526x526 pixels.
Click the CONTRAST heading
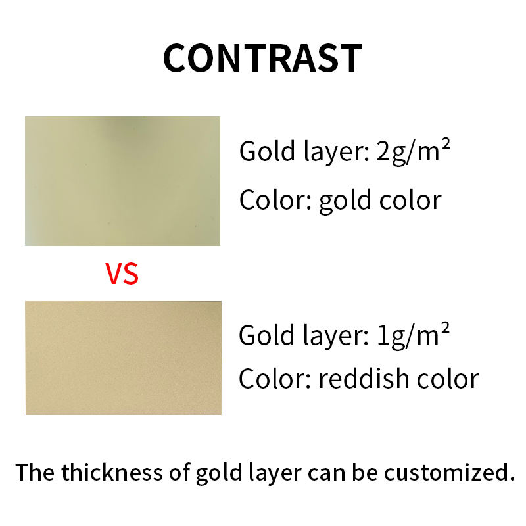[x=262, y=59]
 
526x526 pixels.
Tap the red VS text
[x=122, y=274]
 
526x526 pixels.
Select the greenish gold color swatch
[x=123, y=181]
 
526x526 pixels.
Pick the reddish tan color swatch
[x=124, y=358]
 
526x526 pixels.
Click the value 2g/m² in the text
[x=413, y=152]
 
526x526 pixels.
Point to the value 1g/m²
[x=413, y=335]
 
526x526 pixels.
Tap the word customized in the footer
[x=449, y=472]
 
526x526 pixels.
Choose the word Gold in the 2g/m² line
[x=268, y=152]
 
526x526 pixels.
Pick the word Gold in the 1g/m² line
[x=267, y=335]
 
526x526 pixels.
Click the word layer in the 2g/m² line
[x=337, y=153]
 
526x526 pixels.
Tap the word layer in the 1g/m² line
[x=336, y=337]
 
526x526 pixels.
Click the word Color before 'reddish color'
[x=275, y=379]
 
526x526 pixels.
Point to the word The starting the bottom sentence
[x=35, y=471]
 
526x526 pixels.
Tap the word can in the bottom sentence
[x=326, y=473]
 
